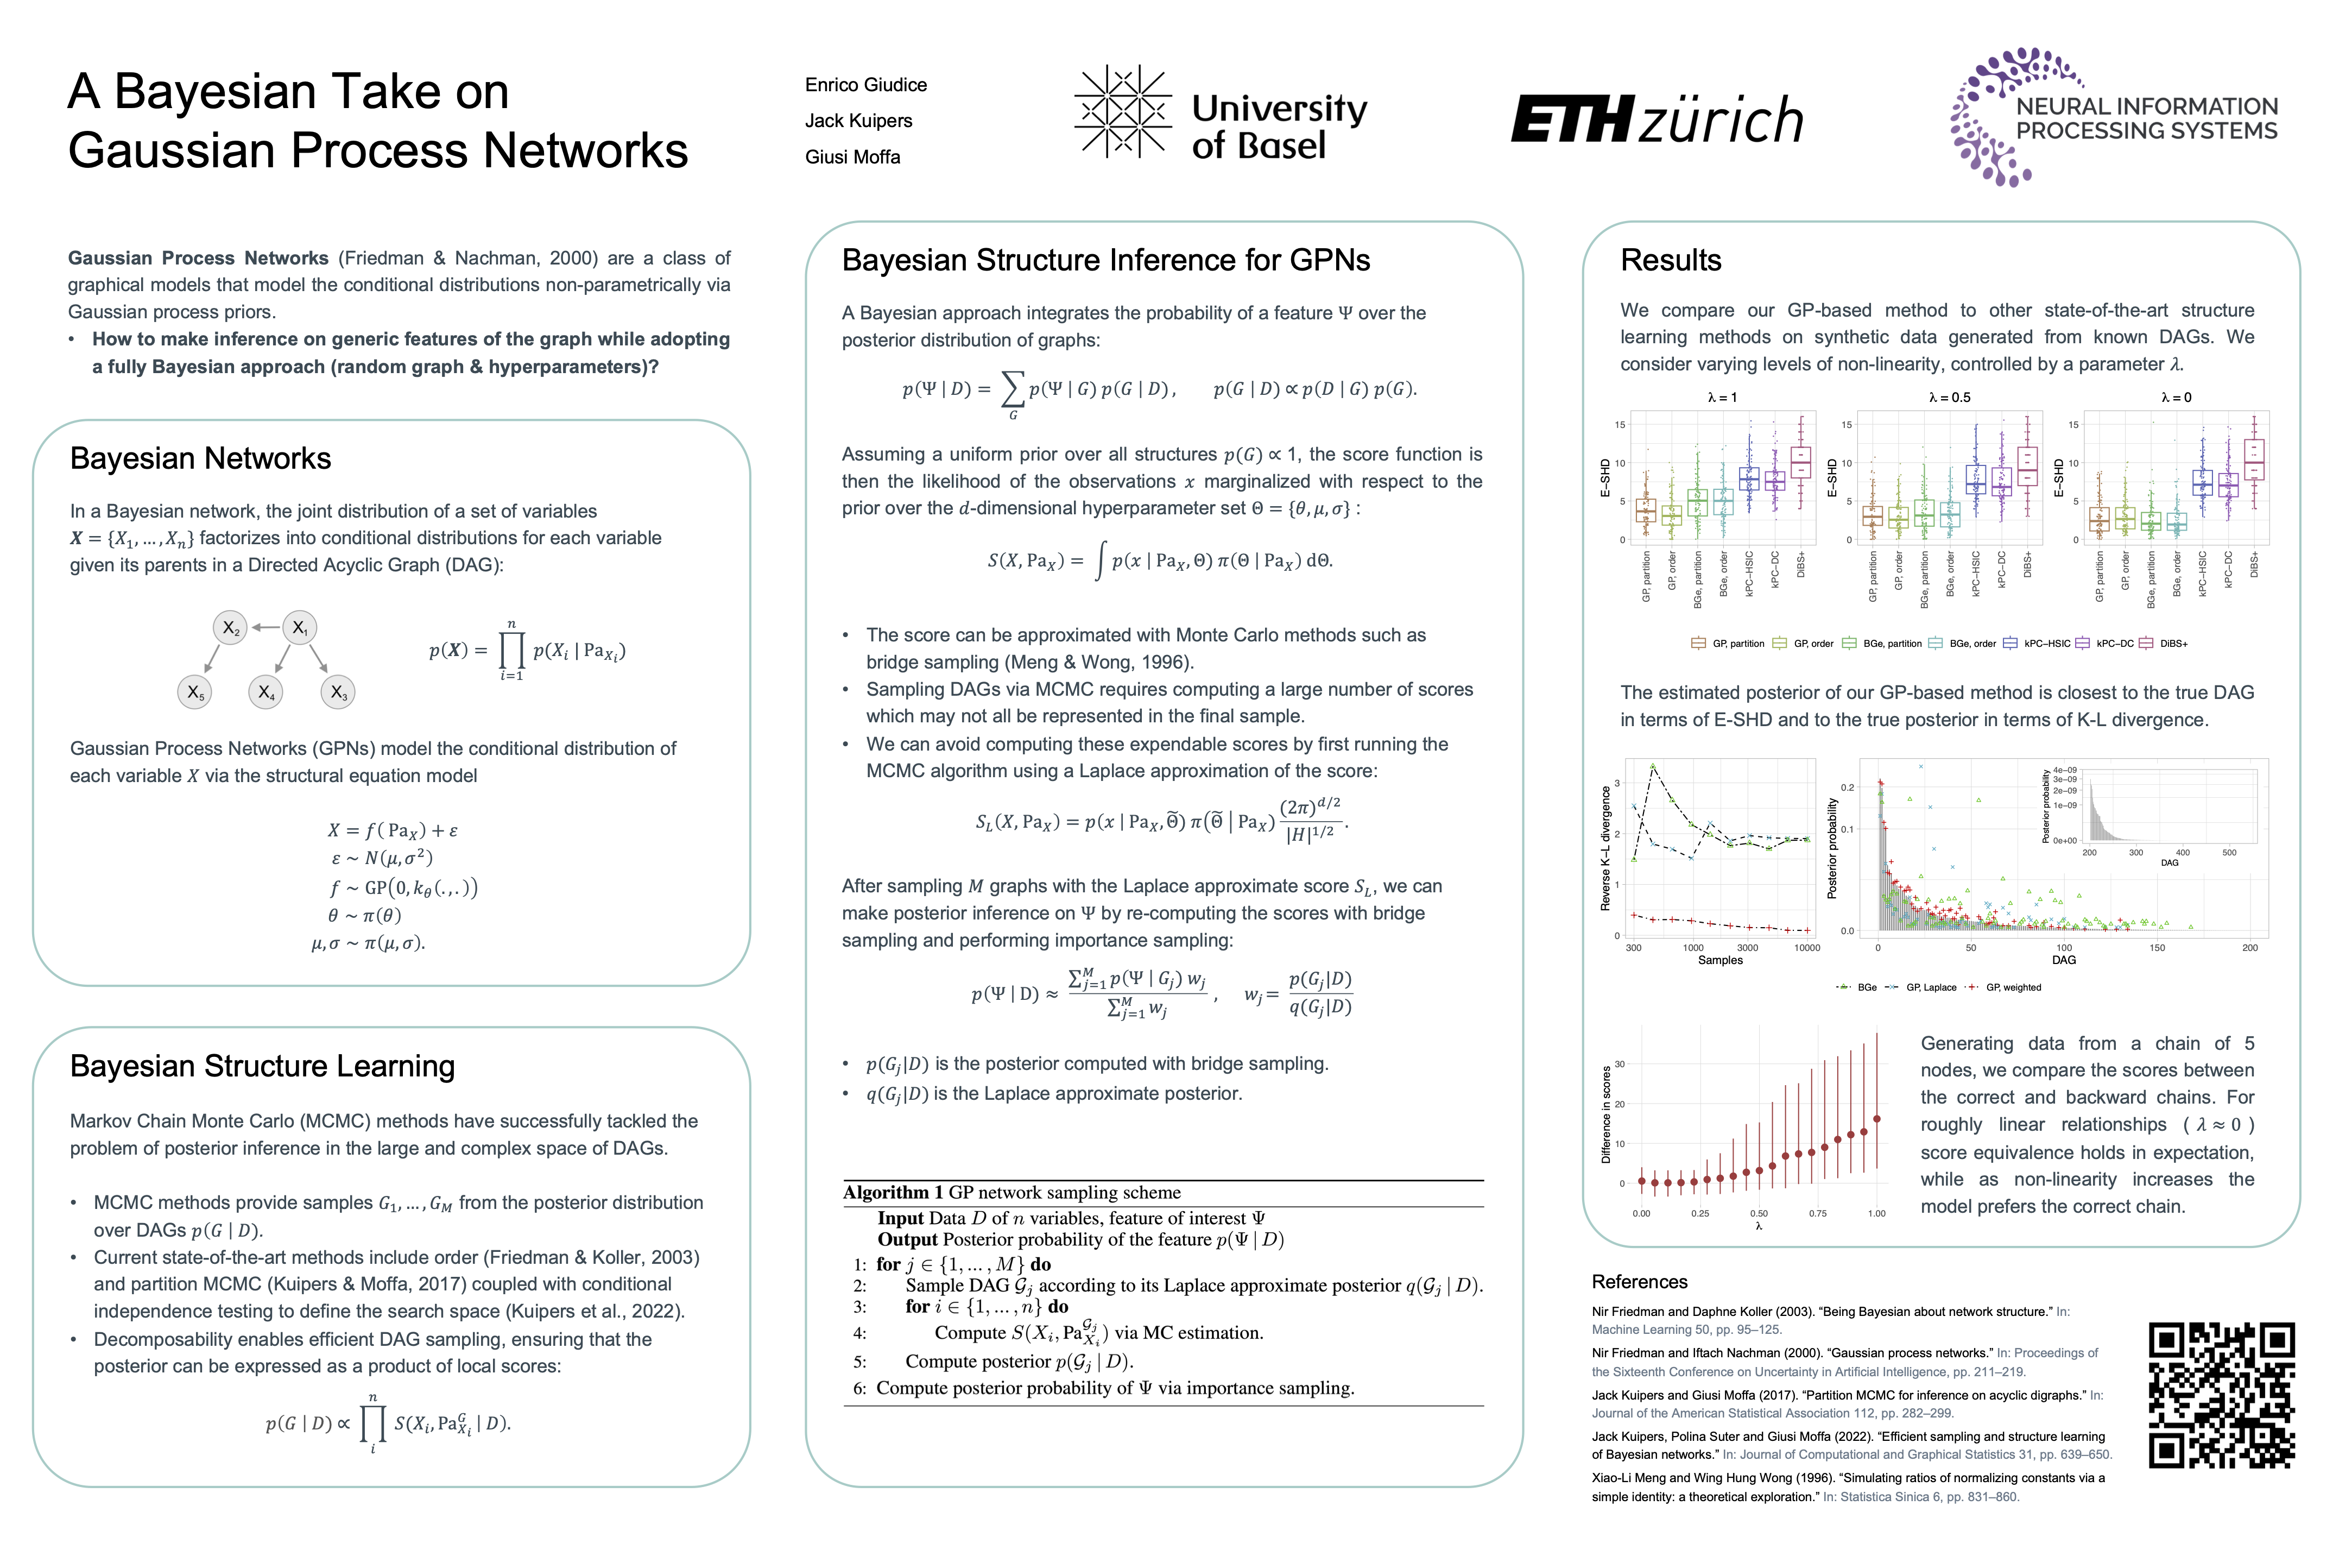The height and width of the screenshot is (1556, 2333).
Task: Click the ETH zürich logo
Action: coord(1657,119)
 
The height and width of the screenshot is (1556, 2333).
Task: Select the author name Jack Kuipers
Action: coord(858,121)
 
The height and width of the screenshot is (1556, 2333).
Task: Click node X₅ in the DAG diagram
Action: coord(194,692)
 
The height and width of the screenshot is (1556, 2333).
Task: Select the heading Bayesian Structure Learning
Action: coord(262,1066)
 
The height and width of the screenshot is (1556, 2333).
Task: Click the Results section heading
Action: coord(1671,260)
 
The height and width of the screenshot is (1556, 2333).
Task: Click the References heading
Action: coord(1640,1282)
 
